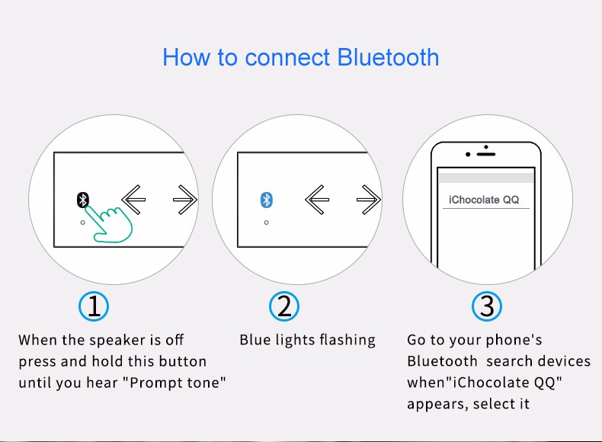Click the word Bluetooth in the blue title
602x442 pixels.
(x=388, y=57)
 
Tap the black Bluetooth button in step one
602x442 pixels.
(x=83, y=200)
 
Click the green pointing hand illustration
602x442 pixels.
(x=110, y=225)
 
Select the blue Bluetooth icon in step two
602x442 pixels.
(x=267, y=200)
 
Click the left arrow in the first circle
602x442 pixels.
(x=133, y=200)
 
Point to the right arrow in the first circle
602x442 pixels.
(x=185, y=200)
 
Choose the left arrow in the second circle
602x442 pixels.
(x=317, y=200)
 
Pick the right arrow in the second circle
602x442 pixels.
(x=369, y=200)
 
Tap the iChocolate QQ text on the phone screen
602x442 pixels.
(x=484, y=200)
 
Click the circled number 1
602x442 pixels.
(x=94, y=306)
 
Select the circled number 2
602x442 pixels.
(x=284, y=306)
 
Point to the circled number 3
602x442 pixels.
(x=487, y=306)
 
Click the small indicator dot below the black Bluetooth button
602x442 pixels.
(x=82, y=223)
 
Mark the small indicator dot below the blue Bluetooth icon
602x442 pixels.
(x=267, y=223)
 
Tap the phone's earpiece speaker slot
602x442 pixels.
(x=486, y=155)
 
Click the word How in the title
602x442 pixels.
(x=187, y=57)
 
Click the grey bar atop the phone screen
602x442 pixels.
(x=486, y=178)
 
